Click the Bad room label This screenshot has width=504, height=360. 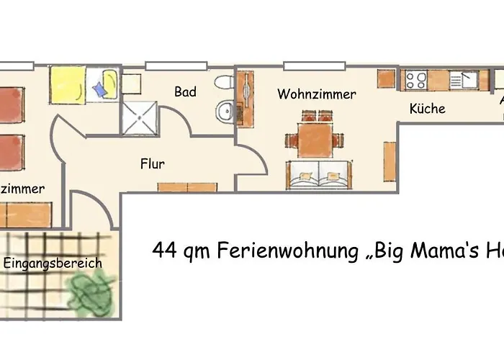tap(185, 92)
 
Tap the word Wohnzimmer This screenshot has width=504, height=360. tap(316, 94)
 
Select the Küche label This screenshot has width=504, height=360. tap(427, 109)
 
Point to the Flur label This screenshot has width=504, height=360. tap(153, 163)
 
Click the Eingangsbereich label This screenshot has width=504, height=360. tap(53, 263)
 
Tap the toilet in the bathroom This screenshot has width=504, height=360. tap(224, 83)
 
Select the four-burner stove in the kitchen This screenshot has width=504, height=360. tap(415, 79)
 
